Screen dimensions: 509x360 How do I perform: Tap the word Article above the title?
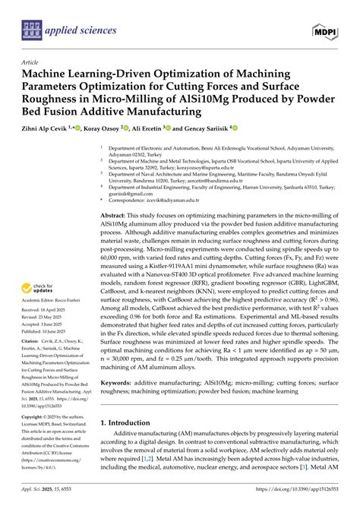(x=31, y=62)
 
